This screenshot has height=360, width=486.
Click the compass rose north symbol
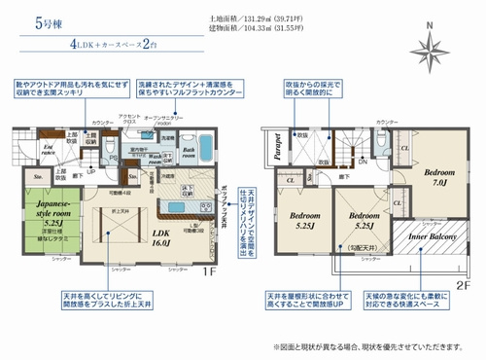[428, 51]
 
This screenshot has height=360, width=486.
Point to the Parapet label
[278, 147]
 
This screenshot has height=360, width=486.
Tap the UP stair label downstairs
[91, 173]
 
